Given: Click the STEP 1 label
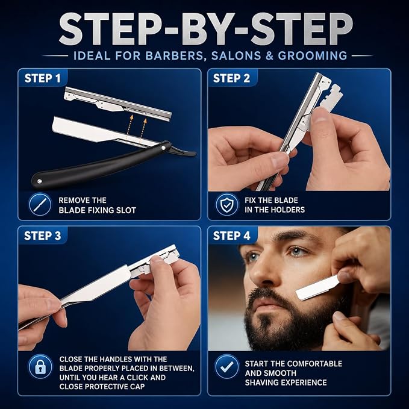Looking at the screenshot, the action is click(x=42, y=78).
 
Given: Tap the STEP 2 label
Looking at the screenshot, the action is click(x=231, y=78).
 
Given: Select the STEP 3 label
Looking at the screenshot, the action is click(x=43, y=236).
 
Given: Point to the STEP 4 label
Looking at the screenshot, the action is click(x=232, y=236).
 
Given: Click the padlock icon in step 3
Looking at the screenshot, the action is click(x=40, y=366).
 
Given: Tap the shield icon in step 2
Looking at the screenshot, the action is click(x=227, y=205).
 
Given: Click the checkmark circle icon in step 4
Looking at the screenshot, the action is click(x=227, y=366).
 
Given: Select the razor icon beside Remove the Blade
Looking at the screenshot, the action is click(x=40, y=205).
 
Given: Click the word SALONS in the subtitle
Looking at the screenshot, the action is click(x=236, y=56).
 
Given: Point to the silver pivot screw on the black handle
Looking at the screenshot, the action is click(x=164, y=148).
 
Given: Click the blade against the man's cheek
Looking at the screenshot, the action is click(x=317, y=287).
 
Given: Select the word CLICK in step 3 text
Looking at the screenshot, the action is click(x=139, y=378).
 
